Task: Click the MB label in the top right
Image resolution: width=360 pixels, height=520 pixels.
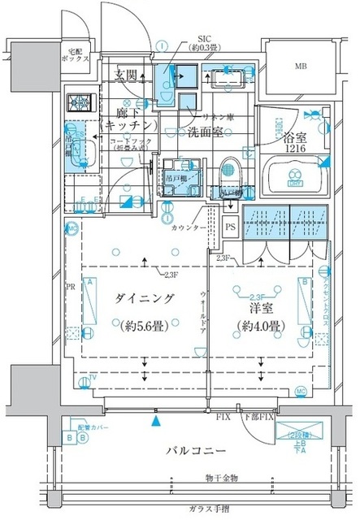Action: (301, 66)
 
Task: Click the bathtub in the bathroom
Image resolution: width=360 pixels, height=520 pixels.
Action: (296, 175)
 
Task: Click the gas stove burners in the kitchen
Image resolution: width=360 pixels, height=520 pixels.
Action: (80, 105)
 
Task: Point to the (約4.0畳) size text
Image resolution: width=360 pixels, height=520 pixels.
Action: (261, 327)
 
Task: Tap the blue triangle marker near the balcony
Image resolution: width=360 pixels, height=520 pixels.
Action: (155, 421)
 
